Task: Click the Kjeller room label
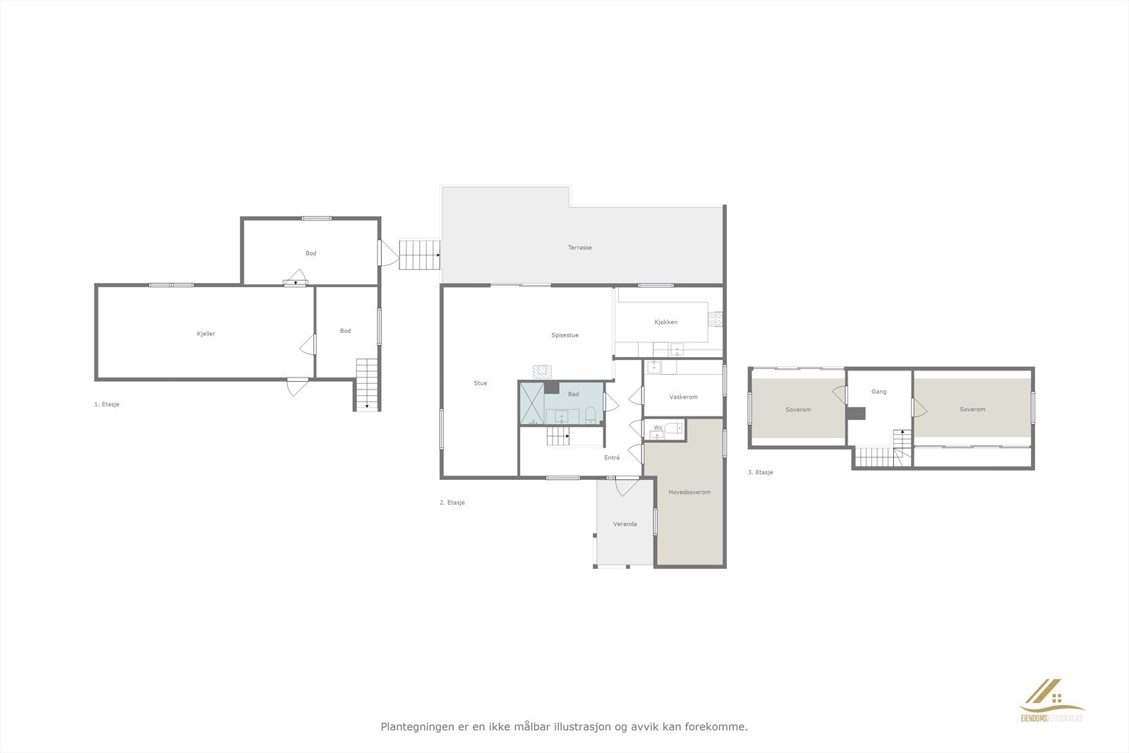click(x=206, y=334)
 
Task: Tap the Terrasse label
click(x=579, y=248)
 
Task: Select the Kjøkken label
click(x=665, y=322)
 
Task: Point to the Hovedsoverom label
click(x=689, y=492)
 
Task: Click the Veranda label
click(x=624, y=524)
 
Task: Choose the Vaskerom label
click(x=682, y=397)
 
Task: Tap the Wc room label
click(x=658, y=427)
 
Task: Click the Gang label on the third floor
click(x=879, y=391)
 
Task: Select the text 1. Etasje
click(x=107, y=404)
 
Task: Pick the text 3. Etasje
click(x=760, y=472)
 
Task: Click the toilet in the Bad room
click(x=591, y=414)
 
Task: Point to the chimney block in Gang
click(x=856, y=414)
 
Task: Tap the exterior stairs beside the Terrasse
click(x=419, y=255)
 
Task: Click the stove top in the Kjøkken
click(x=716, y=319)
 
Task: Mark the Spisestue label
click(x=564, y=335)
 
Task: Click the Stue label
click(x=480, y=383)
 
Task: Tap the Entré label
click(x=612, y=457)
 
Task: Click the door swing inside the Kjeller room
click(x=308, y=344)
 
